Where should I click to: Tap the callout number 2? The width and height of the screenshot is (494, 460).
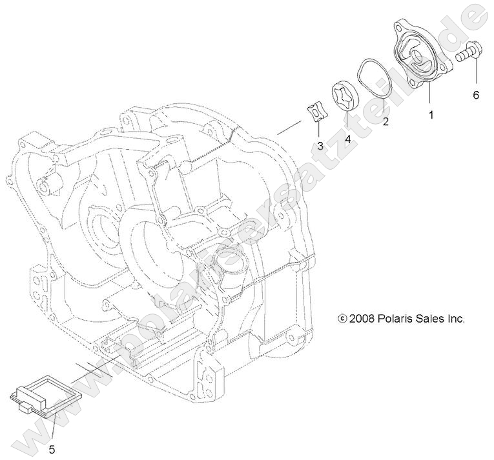pos(386,120)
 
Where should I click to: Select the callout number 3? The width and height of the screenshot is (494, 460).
pos(320,146)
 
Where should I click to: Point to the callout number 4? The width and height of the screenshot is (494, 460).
pos(347,138)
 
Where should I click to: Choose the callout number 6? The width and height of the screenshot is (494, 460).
pos(476,95)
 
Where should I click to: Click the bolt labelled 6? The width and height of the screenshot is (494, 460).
pos(470,52)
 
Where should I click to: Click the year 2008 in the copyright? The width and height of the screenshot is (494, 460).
pos(364,318)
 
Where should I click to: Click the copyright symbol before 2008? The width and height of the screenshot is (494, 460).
pos(342,319)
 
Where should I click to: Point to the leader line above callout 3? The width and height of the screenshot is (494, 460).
pos(319,130)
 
